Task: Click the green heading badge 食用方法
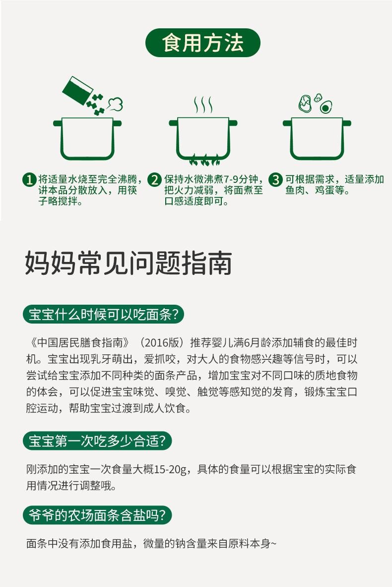[x=202, y=43]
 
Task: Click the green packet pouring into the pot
[x=77, y=90]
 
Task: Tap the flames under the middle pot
[x=203, y=160]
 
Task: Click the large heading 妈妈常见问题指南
[x=129, y=263]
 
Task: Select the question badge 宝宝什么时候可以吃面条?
[x=104, y=315]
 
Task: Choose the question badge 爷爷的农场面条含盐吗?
[x=97, y=515]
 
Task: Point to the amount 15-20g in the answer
[x=170, y=469]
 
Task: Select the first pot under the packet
[x=87, y=138]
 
